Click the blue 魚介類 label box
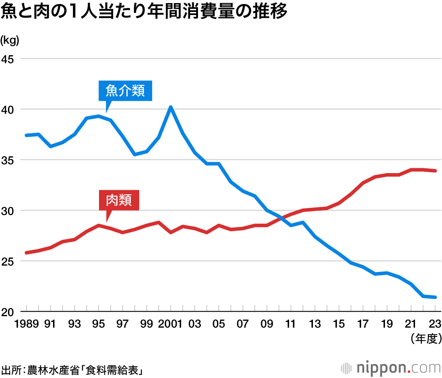125,91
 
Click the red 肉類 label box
118,201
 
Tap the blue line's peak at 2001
171,107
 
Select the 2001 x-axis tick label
170,325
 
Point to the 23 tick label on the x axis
435,325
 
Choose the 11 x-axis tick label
291,325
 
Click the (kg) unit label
10,41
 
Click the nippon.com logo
390,367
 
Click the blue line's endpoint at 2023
435,297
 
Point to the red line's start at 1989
27,253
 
